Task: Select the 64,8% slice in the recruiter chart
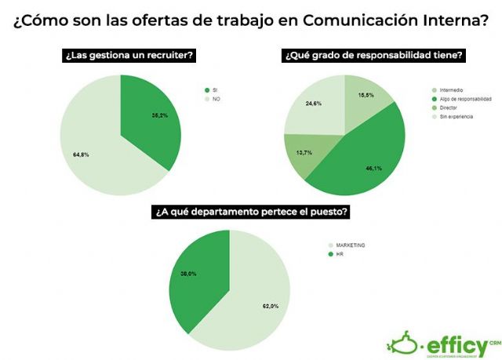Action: click(90, 149)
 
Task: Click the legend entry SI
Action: click(214, 90)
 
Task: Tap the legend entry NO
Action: click(216, 99)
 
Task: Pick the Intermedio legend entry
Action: click(451, 90)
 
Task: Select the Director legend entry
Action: click(449, 107)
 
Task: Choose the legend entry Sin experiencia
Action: click(455, 116)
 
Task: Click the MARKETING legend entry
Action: click(350, 245)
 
